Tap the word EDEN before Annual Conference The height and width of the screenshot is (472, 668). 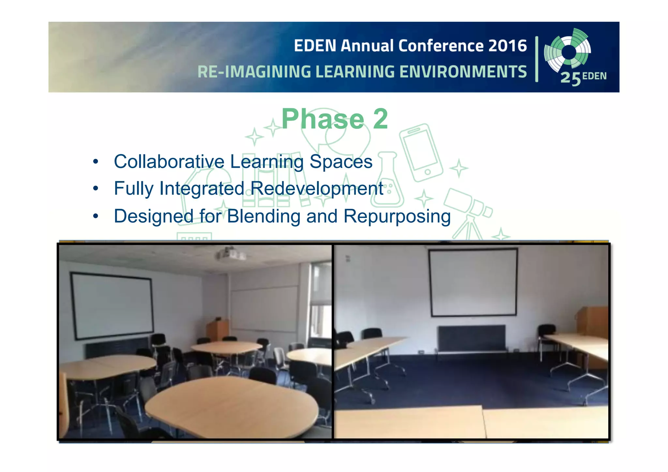point(315,46)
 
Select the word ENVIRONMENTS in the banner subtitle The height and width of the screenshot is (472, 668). point(463,72)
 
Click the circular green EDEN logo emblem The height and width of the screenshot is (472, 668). point(568,52)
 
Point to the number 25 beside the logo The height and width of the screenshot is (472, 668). point(570,79)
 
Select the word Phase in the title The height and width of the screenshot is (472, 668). point(322,119)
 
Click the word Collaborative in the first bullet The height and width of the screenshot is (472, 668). point(169,161)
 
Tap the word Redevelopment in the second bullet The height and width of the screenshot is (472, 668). point(316,189)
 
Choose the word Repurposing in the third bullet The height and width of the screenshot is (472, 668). point(397,216)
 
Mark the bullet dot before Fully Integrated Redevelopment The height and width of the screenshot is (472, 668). point(95,189)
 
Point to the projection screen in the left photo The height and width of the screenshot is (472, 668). point(112,306)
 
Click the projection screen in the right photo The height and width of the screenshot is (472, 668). point(473,282)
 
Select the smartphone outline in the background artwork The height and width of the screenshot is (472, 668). point(421,153)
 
